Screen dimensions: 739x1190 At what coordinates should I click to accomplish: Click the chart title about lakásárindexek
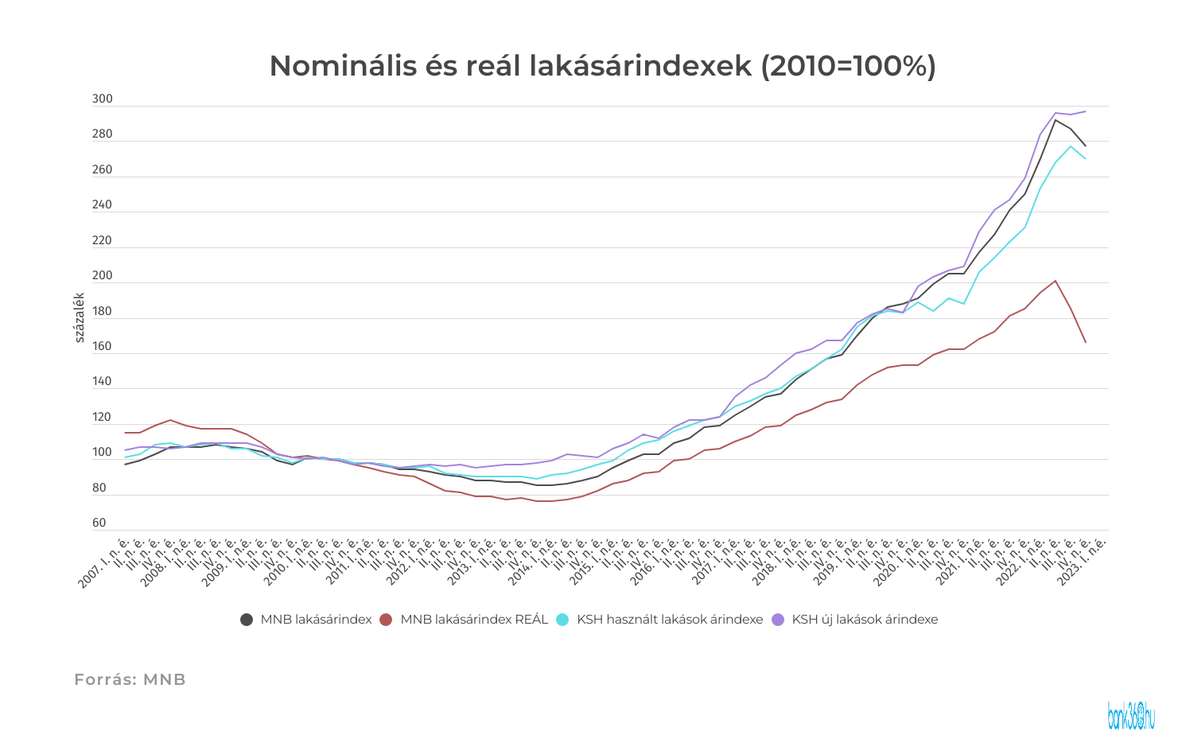click(x=602, y=66)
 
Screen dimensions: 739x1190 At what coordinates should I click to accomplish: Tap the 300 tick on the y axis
click(x=103, y=99)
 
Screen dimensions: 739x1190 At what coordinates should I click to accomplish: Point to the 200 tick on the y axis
click(x=103, y=276)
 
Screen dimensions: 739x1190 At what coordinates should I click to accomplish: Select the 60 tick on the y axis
click(x=99, y=523)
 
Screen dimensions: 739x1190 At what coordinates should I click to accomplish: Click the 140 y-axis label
click(x=103, y=382)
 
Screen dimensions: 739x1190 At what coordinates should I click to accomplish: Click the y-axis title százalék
click(x=80, y=317)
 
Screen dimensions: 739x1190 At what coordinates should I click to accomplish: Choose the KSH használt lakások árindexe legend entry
click(x=669, y=620)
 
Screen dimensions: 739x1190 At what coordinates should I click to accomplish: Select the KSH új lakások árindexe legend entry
click(x=865, y=620)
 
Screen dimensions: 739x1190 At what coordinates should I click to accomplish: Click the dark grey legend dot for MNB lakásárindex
click(x=247, y=620)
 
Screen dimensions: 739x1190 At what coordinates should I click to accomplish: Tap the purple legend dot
click(x=778, y=620)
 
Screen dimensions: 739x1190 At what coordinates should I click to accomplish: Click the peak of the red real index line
click(x=1055, y=281)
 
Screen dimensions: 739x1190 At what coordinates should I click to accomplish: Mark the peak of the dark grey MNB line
click(x=1055, y=120)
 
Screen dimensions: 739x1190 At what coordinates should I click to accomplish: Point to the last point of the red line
click(x=1085, y=342)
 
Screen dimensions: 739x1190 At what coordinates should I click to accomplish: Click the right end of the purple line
click(x=1085, y=111)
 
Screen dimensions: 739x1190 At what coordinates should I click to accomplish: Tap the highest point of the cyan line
click(x=1070, y=146)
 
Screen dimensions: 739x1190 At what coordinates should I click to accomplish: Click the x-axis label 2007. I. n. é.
click(x=101, y=567)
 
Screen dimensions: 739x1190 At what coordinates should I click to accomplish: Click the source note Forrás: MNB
click(x=130, y=679)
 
